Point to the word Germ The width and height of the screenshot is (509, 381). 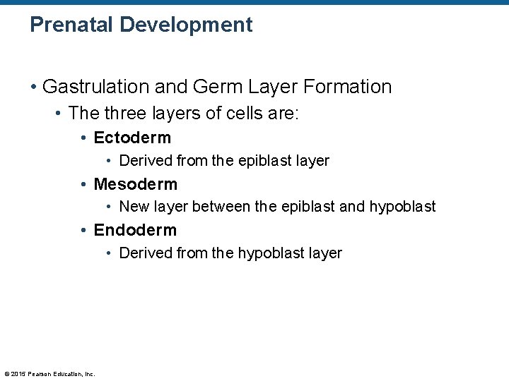pos(210,87)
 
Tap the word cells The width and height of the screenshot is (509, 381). pos(238,114)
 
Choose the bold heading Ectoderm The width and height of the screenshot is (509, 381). pos(132,138)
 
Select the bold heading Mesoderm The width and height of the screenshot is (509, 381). pos(136,184)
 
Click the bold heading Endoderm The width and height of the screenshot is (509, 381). pos(135,230)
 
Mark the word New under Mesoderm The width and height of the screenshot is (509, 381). pos(132,207)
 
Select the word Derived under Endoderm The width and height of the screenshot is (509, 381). pos(146,253)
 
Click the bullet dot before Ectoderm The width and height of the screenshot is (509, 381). pos(85,138)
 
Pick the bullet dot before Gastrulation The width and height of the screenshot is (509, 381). pos(33,87)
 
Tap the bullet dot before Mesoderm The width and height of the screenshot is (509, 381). pos(85,185)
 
